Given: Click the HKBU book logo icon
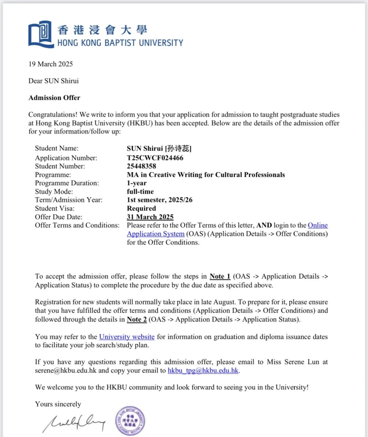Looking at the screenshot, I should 41,34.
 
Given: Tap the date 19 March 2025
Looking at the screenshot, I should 51,64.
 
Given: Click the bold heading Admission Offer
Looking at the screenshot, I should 54,98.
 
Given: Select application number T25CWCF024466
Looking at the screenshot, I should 155,158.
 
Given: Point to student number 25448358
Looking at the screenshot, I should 141,166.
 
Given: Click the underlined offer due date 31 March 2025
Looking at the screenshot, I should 150,217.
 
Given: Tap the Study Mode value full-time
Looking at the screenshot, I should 140,191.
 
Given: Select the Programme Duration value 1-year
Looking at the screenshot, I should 137,183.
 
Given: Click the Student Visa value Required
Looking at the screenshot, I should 141,208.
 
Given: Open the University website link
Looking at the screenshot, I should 127,337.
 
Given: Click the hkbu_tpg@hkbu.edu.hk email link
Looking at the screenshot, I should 203,371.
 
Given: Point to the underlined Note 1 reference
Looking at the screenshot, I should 220,277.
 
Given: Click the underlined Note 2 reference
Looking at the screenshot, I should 137,319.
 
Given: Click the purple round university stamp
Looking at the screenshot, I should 130,421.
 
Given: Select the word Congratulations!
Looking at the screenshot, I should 53,115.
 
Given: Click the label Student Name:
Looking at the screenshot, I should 57,148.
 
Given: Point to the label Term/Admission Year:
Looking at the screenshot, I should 68,200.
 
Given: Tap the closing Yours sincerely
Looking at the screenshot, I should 58,404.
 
